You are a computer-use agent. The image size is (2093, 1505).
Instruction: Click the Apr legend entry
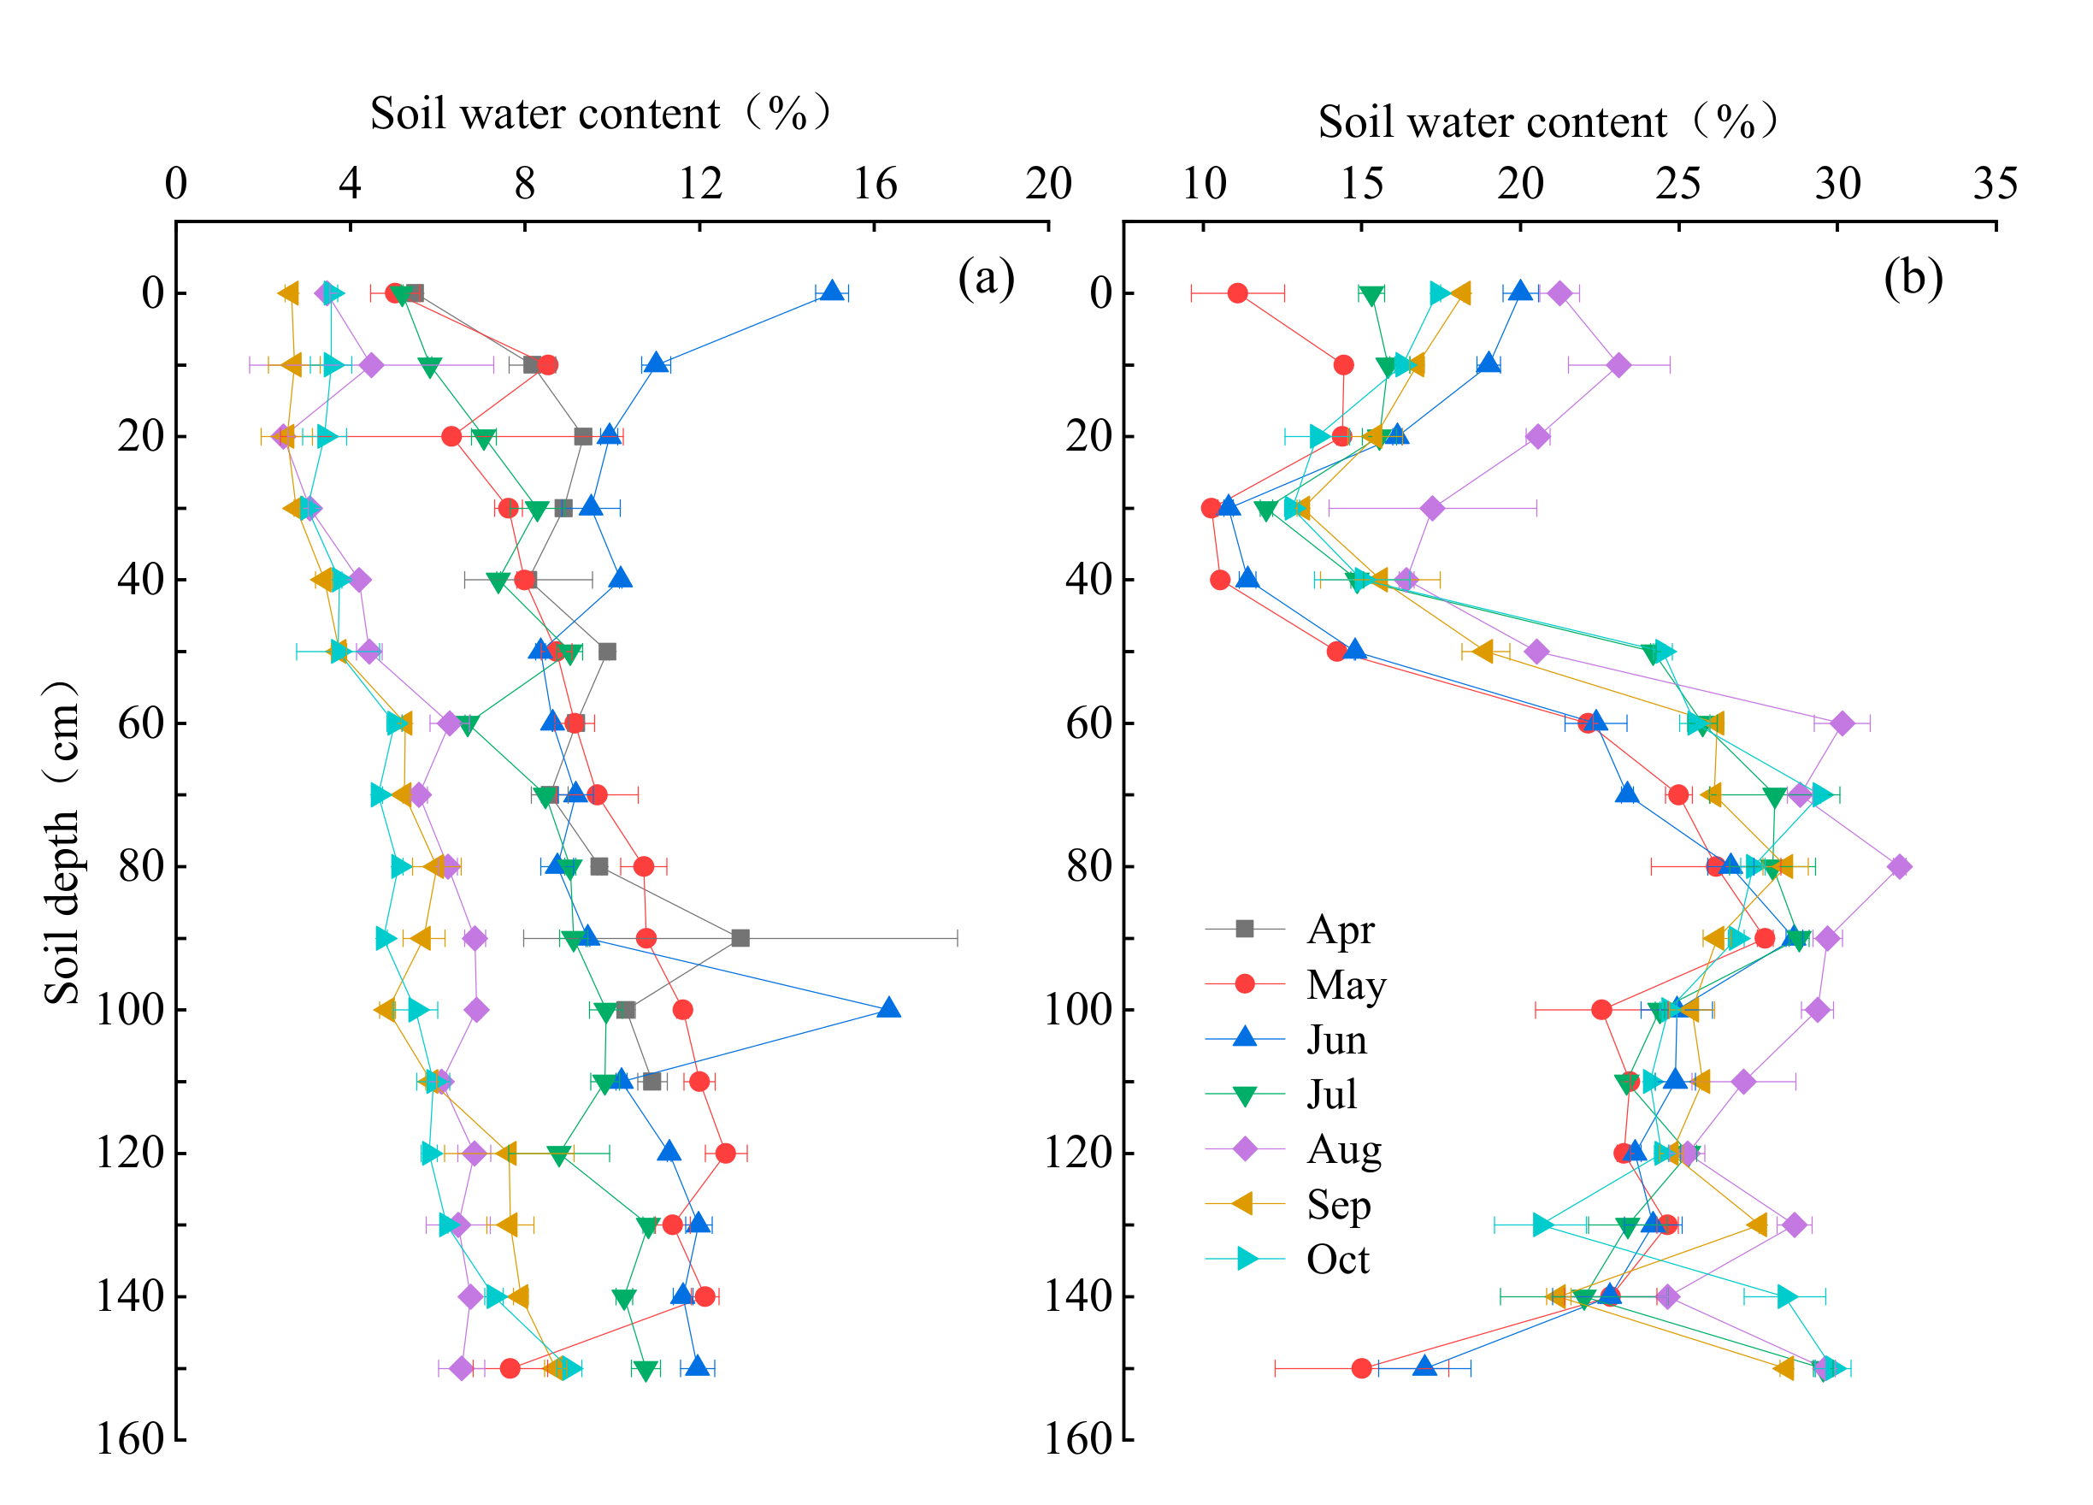[1339, 930]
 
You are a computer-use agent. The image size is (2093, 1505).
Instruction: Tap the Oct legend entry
[1336, 1260]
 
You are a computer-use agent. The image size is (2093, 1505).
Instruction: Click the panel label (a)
[986, 278]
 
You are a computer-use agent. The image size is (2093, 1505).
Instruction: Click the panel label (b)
[1913, 278]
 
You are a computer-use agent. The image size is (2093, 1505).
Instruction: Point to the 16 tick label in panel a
[874, 184]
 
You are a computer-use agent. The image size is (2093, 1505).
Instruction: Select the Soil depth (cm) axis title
[62, 842]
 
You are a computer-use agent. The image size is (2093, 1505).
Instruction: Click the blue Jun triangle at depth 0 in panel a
[833, 292]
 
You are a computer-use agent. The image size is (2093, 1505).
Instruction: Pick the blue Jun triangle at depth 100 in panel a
[888, 1007]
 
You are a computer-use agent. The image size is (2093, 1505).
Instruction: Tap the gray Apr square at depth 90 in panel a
[740, 938]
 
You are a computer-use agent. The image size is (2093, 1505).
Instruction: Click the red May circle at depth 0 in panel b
[1237, 293]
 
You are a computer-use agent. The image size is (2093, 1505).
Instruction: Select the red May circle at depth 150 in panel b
[1362, 1368]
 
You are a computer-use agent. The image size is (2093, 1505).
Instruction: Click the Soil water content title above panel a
[601, 114]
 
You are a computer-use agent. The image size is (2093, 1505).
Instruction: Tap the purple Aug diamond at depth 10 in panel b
[1618, 365]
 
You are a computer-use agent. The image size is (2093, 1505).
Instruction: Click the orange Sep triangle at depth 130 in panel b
[1756, 1225]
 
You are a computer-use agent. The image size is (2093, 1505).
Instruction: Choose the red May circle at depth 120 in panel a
[725, 1154]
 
